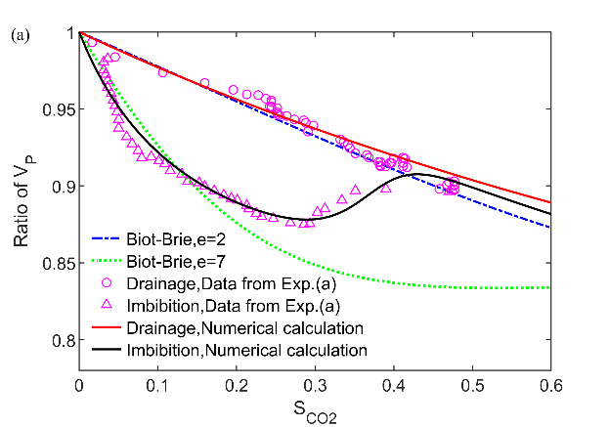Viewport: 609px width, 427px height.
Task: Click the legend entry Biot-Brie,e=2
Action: click(x=176, y=237)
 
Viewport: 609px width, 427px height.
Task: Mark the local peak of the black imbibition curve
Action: click(x=417, y=174)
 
